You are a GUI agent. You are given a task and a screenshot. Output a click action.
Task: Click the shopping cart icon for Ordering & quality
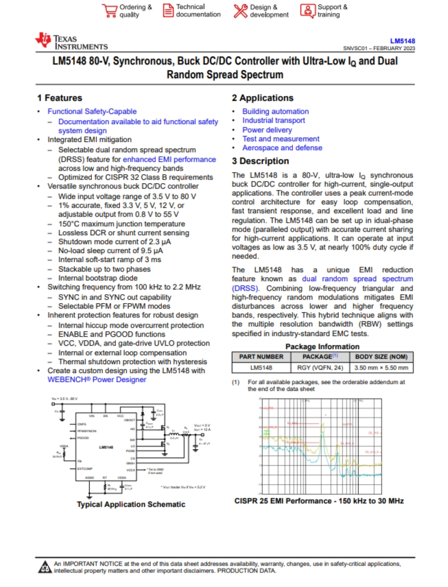tap(109, 10)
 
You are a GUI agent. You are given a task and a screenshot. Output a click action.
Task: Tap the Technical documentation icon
tap(169, 10)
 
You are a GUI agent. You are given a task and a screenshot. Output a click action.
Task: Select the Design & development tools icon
tap(240, 10)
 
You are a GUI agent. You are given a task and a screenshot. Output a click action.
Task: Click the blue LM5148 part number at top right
tap(403, 40)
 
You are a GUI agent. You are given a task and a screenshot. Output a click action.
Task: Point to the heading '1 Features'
tap(60, 98)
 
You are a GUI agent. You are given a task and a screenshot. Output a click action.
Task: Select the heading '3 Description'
tap(260, 161)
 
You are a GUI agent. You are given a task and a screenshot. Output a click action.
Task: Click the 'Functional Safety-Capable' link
tap(92, 111)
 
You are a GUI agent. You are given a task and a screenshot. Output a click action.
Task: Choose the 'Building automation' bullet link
tap(275, 111)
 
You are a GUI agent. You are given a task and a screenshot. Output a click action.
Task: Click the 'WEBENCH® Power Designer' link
tap(97, 379)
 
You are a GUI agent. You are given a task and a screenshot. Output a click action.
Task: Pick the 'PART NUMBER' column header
tap(261, 357)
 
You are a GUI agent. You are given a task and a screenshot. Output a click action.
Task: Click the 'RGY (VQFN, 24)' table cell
tap(320, 368)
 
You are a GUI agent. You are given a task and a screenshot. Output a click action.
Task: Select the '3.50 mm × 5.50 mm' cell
tap(383, 368)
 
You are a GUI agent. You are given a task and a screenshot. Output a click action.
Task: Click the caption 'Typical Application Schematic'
tap(130, 504)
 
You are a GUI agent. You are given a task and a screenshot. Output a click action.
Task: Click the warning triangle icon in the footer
tap(45, 566)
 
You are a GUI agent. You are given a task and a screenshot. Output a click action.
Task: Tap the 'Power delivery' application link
tap(267, 130)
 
